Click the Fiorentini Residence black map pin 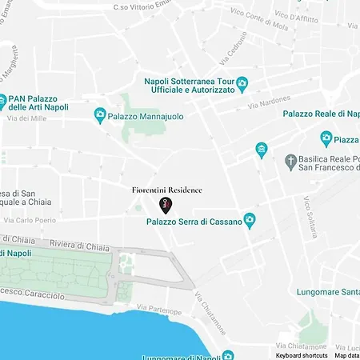pyautogui.click(x=164, y=205)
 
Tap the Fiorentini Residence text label pyautogui.click(x=166, y=190)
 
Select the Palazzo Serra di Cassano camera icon pyautogui.click(x=250, y=218)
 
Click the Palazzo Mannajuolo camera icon pyautogui.click(x=100, y=115)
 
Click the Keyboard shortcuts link pyautogui.click(x=302, y=355)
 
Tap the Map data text pyautogui.click(x=346, y=355)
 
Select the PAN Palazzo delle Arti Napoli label pyautogui.click(x=37, y=105)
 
